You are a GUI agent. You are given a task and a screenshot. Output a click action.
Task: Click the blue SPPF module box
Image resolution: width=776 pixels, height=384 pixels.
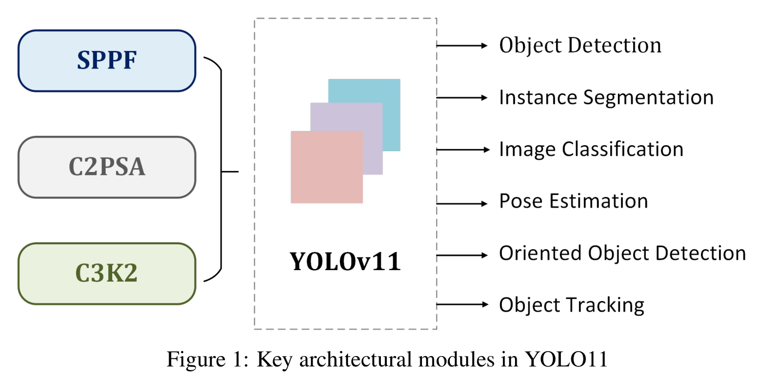coord(107,61)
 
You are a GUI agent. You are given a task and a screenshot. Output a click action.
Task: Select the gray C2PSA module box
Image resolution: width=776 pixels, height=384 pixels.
coord(107,167)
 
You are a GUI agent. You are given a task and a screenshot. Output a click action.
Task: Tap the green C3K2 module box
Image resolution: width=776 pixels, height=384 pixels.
coord(107,274)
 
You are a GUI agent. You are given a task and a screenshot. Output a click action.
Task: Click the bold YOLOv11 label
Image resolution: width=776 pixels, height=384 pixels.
coord(345,261)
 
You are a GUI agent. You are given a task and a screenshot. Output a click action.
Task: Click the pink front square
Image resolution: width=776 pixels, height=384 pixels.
coord(327,167)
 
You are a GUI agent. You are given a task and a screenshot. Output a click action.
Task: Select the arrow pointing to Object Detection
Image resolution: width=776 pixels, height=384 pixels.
coord(462,45)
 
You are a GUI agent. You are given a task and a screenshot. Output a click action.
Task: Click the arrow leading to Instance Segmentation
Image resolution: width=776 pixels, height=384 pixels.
coord(462,98)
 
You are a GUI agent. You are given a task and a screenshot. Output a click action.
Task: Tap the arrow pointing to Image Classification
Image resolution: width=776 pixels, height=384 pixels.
coord(463,150)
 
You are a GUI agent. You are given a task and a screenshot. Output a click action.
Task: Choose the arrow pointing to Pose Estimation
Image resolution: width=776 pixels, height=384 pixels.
coord(462,204)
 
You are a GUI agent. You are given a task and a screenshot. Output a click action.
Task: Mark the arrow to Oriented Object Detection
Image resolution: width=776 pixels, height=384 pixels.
coord(462,255)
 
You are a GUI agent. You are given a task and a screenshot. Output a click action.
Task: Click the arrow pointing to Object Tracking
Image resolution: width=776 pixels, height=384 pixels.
coord(462,305)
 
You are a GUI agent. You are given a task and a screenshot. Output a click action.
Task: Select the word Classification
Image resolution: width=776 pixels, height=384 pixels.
coord(623,149)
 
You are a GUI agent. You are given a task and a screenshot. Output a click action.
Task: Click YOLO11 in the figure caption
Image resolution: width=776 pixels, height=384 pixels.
coord(566,359)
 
